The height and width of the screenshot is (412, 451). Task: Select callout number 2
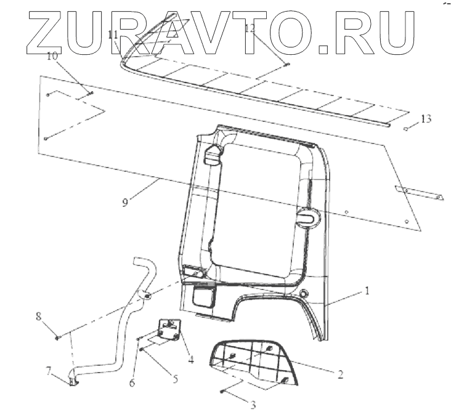tap(340, 373)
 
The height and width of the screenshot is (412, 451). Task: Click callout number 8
tap(38, 317)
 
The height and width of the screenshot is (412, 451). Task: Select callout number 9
tap(125, 202)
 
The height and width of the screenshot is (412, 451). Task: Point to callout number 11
tap(112, 36)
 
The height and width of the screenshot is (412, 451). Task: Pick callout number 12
tap(249, 28)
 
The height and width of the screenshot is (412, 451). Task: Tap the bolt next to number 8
tap(57, 336)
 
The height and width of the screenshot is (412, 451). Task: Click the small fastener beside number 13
tap(407, 129)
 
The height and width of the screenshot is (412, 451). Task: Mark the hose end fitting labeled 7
tap(73, 381)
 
